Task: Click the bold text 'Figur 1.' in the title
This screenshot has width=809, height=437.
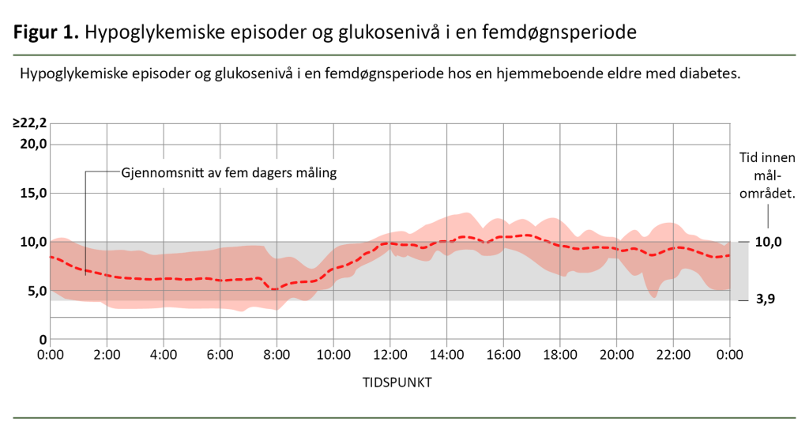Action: tap(46, 33)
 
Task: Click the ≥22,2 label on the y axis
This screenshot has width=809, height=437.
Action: tap(29, 123)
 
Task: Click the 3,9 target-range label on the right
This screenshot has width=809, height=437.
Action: tap(765, 301)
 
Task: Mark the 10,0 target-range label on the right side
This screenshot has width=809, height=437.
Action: tap(767, 242)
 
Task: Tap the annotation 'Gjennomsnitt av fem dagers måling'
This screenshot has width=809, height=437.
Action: tap(228, 171)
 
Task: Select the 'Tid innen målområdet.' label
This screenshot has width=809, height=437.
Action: tap(766, 175)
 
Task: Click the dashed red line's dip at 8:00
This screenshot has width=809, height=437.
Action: tap(274, 289)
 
